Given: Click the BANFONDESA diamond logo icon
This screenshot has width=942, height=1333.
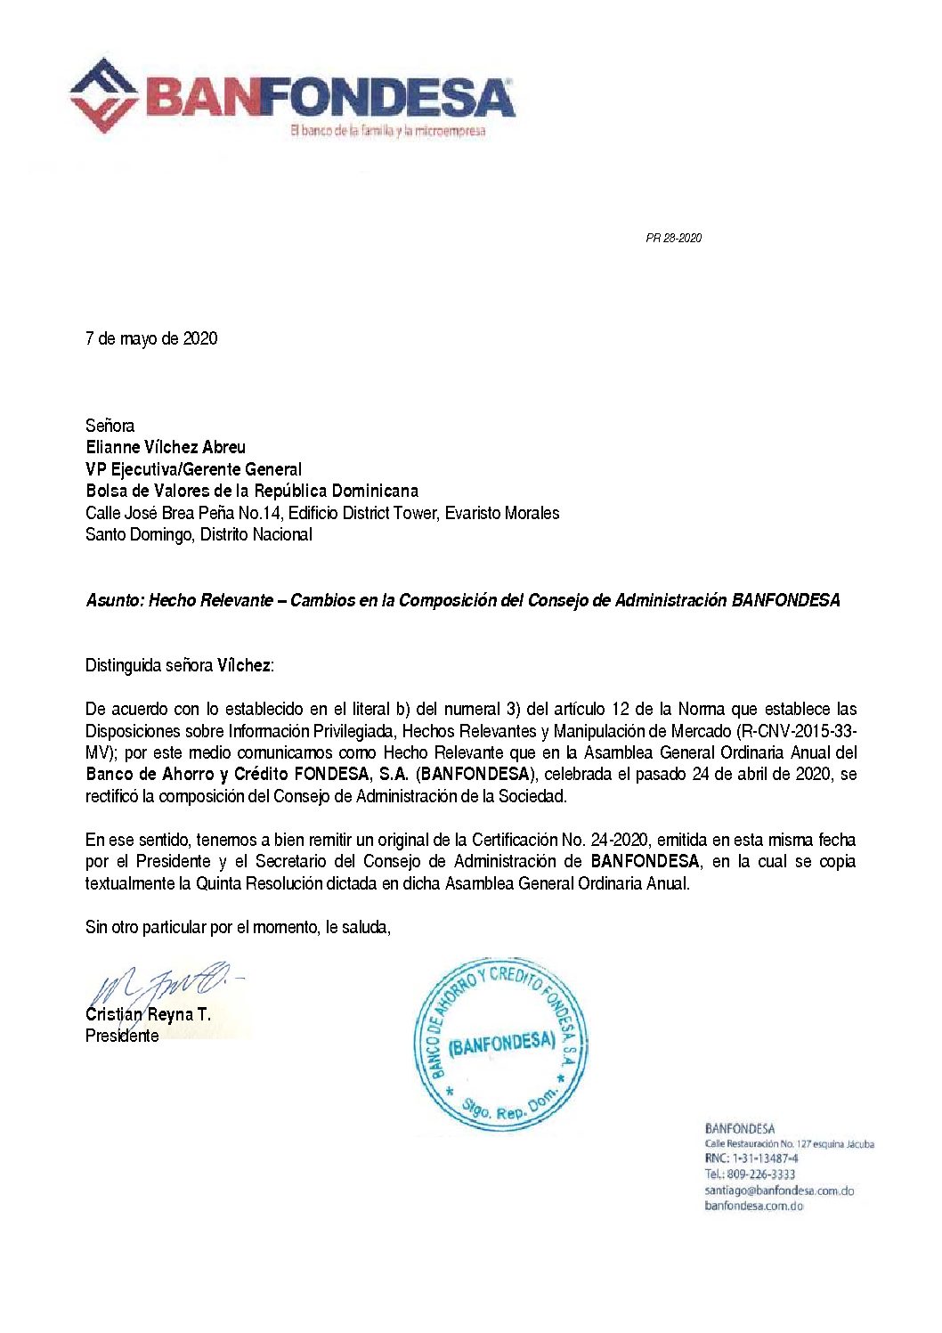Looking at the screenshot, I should tap(104, 95).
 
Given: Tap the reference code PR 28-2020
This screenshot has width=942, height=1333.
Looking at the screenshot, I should tap(673, 238).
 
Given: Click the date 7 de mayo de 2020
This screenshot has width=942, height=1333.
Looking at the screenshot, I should tap(151, 338).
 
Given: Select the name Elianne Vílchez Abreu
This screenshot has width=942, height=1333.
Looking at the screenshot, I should tap(166, 447).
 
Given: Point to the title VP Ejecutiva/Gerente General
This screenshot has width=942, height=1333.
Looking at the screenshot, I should tap(193, 469).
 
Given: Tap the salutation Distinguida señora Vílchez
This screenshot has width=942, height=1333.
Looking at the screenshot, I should tap(180, 665).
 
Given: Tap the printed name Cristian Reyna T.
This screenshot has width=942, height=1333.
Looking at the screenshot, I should tap(148, 1014).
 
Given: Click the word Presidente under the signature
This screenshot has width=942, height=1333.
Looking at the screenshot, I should tap(122, 1036).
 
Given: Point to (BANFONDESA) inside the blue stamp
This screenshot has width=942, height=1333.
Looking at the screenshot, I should tap(501, 1043).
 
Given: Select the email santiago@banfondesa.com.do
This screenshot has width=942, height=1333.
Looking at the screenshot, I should tap(779, 1191).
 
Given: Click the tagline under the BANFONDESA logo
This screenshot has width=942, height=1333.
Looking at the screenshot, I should tap(387, 131).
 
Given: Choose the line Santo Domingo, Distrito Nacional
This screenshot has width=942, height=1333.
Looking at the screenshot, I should tap(199, 534).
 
